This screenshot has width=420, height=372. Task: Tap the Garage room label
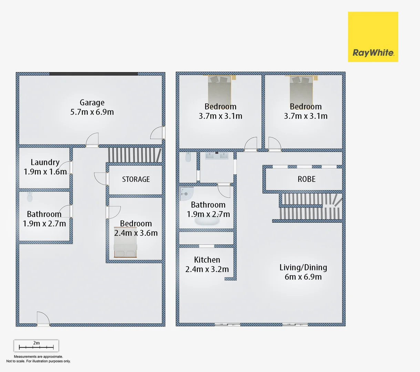tap(92, 103)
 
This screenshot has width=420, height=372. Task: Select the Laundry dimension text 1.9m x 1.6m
tap(45, 172)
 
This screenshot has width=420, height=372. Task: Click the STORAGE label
tap(136, 179)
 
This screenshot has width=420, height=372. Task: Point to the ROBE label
tap(306, 179)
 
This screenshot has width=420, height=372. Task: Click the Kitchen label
tap(207, 260)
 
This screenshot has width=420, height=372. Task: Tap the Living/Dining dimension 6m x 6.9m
tap(303, 277)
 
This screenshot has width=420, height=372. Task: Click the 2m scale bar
tap(36, 346)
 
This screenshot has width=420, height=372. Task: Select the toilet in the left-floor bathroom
tap(30, 197)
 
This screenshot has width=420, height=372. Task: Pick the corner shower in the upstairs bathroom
tap(186, 194)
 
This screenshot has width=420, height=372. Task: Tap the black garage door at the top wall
tap(93, 74)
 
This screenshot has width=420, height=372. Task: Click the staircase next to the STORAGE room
tap(134, 155)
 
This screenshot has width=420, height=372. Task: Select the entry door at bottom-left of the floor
tap(43, 319)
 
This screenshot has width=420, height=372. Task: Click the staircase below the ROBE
tap(310, 207)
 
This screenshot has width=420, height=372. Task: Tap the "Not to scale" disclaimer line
tap(38, 361)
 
